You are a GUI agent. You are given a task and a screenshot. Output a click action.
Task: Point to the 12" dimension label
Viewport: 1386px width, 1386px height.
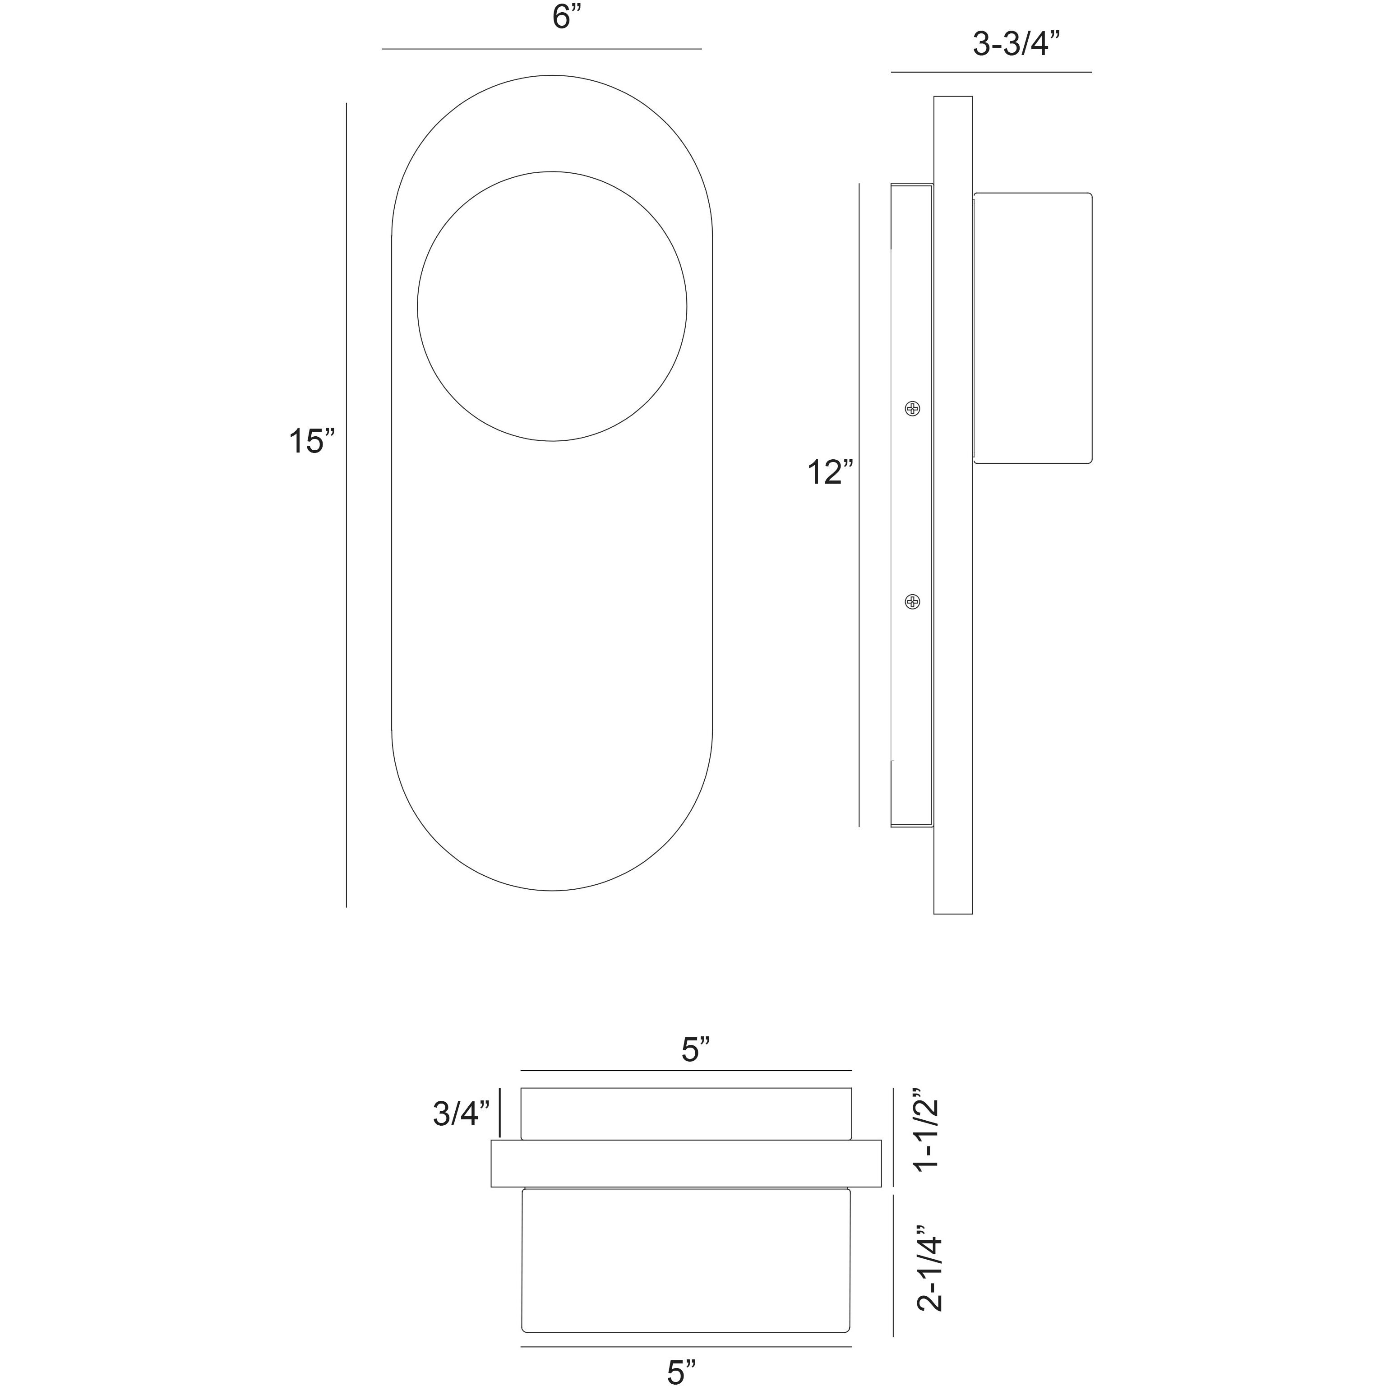tap(831, 472)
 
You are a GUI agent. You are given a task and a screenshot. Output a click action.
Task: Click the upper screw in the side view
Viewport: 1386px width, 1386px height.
tap(912, 409)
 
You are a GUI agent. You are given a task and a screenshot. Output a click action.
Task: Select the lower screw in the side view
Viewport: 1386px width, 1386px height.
tap(912, 601)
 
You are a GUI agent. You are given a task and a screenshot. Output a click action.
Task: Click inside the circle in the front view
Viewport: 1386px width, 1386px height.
tap(552, 306)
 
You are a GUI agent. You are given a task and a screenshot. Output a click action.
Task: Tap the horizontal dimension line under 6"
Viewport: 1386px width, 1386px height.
tap(541, 49)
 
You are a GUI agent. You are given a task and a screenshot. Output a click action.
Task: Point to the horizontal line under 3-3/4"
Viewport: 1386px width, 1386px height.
tap(991, 72)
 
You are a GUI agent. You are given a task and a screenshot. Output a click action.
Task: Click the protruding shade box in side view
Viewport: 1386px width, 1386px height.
tap(1032, 328)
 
